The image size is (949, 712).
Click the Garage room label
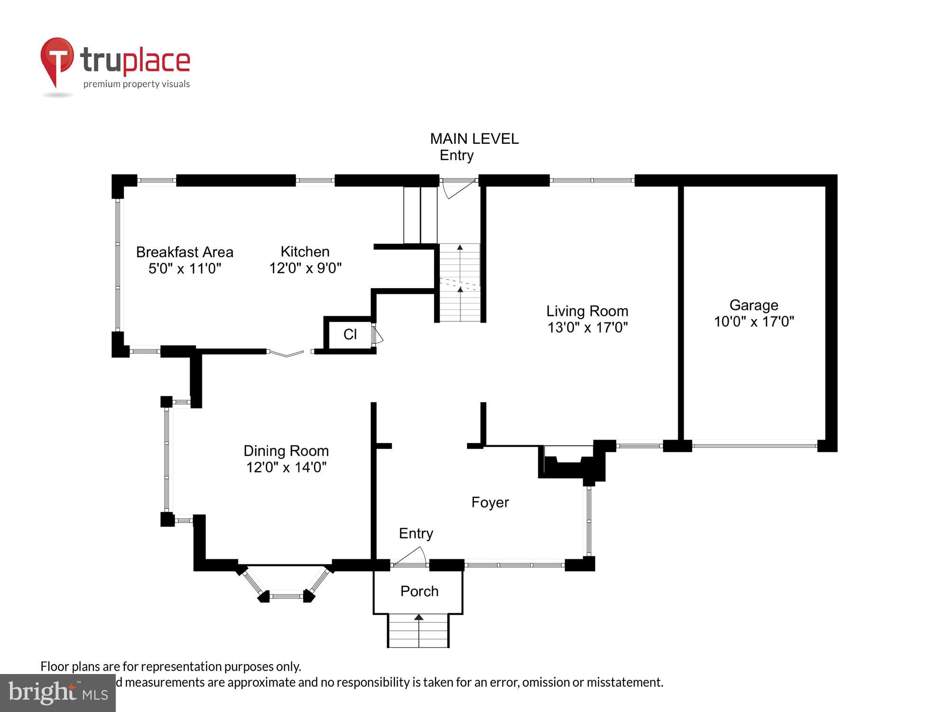click(754, 305)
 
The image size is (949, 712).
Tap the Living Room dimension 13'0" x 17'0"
click(587, 328)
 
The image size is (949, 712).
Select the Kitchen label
click(305, 252)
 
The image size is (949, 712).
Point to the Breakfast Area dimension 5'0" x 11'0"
click(185, 269)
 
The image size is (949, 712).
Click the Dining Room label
click(286, 450)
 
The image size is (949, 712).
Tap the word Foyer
click(490, 502)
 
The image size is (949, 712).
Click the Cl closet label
click(350, 335)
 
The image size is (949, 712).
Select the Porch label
click(419, 591)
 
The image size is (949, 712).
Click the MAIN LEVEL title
click(474, 139)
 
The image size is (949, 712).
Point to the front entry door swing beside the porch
click(411, 557)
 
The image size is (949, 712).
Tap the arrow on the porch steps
click(419, 618)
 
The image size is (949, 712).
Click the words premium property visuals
click(137, 84)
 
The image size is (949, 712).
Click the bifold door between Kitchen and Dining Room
click(287, 353)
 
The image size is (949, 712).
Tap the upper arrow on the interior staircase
click(460, 247)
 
